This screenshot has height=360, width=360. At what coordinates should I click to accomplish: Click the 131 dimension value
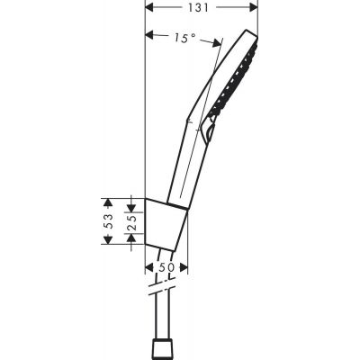202,8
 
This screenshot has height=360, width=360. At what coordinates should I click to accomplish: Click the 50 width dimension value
166,268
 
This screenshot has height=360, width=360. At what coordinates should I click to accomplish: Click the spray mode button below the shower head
213,134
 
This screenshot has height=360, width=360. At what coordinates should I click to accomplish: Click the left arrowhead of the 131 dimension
149,8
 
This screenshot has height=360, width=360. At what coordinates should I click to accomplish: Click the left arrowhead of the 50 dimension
148,268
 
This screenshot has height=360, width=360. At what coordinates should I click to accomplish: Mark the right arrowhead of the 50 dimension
184,268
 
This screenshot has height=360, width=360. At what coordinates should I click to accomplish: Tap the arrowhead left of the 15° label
150,36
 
